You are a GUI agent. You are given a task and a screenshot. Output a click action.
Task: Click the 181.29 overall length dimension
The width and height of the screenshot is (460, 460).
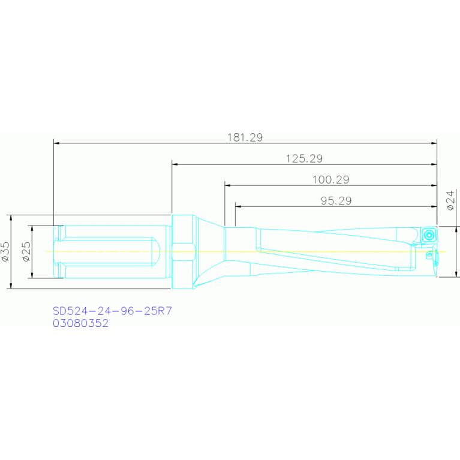(245, 137)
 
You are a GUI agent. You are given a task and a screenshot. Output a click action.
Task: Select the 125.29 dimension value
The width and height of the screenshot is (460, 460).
(304, 159)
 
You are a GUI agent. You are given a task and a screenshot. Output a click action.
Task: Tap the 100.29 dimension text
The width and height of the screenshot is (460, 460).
(330, 179)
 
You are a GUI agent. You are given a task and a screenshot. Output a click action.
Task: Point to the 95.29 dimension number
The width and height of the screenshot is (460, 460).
(336, 201)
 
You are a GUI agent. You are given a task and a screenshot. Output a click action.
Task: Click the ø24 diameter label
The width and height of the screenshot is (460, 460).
(450, 200)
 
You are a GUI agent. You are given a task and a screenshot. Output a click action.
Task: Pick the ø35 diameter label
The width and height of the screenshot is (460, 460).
(5, 252)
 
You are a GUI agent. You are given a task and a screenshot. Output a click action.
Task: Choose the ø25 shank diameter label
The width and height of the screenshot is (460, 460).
(26, 252)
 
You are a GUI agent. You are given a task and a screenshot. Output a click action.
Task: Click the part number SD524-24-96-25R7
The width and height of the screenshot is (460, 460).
(112, 311)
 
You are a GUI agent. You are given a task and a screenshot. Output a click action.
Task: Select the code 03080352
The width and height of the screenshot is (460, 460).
(81, 323)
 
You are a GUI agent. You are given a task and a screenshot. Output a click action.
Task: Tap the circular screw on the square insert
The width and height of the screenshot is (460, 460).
(429, 234)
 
